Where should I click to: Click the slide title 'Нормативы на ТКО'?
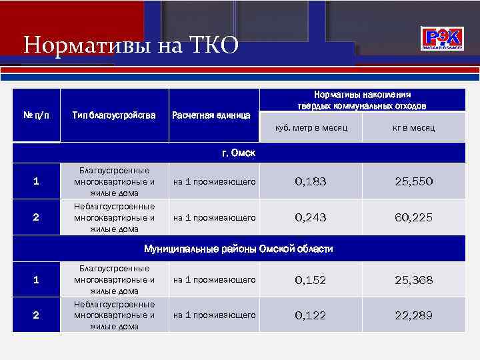click(x=130, y=46)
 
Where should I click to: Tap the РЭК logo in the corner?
click(x=443, y=39)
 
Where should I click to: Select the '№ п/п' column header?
click(x=36, y=115)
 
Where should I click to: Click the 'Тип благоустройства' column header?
click(x=113, y=115)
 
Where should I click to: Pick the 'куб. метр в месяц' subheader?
click(x=311, y=127)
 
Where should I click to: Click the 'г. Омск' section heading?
click(x=239, y=153)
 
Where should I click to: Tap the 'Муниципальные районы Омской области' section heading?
click(x=239, y=249)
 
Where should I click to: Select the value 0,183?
click(x=311, y=181)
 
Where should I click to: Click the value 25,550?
click(x=413, y=181)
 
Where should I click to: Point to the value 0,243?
click(x=311, y=217)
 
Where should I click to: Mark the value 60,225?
click(x=413, y=217)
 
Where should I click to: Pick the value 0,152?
click(x=311, y=280)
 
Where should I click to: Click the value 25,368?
click(x=413, y=280)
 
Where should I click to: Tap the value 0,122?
click(x=311, y=315)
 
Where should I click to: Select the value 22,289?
click(x=413, y=315)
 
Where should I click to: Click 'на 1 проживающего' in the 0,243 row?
click(x=215, y=217)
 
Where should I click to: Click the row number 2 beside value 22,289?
click(x=36, y=315)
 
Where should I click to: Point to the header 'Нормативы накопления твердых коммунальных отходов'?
click(x=362, y=100)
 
